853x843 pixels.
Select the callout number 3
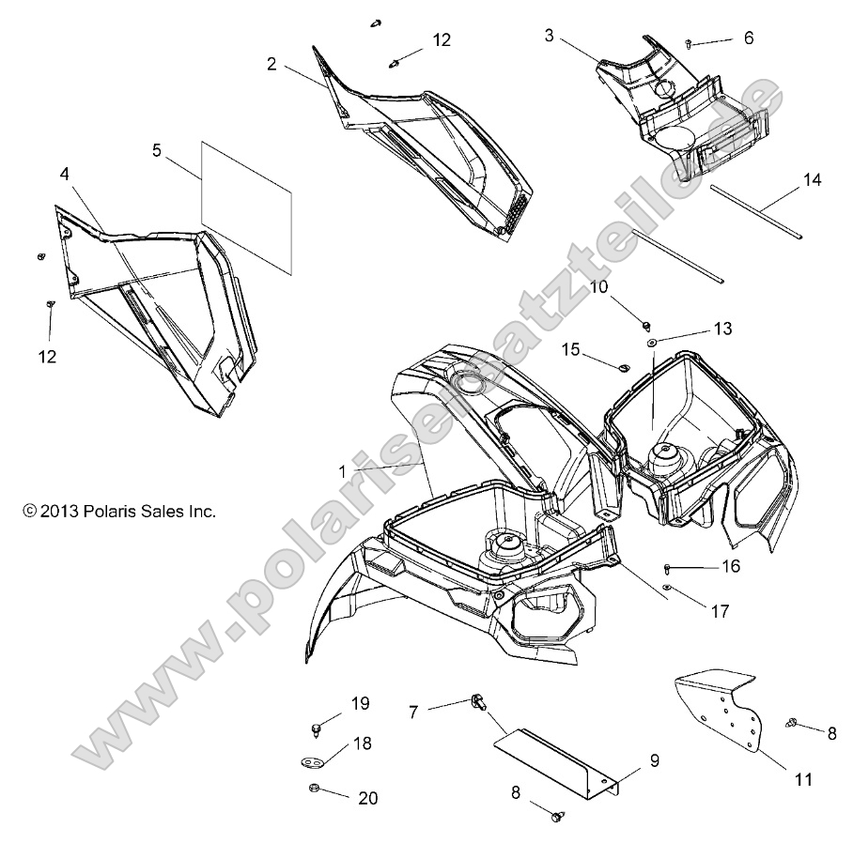(x=549, y=37)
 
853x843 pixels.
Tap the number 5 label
(x=157, y=149)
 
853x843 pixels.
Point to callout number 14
(x=812, y=180)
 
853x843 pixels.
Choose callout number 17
(x=720, y=611)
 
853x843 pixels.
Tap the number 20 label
(x=367, y=798)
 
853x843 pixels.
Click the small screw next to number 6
(x=690, y=43)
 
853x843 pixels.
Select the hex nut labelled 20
(x=315, y=789)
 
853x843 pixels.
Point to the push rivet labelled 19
(x=314, y=728)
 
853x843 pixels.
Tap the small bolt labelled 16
(x=667, y=568)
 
